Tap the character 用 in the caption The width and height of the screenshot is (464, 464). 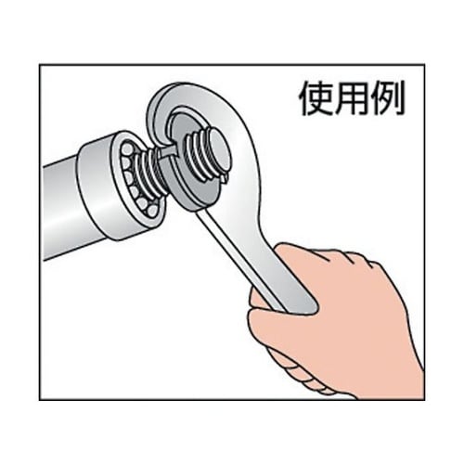[348, 97]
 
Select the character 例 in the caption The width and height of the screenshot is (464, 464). [387, 97]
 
